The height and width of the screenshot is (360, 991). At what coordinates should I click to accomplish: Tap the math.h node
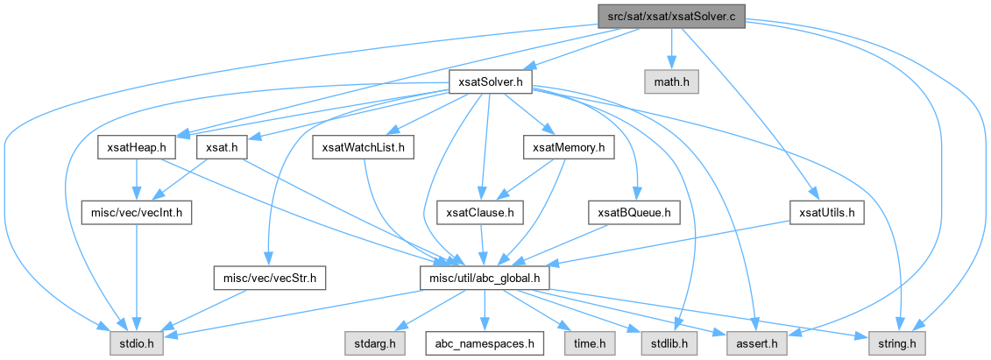672,82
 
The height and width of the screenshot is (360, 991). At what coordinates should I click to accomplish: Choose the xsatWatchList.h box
364,148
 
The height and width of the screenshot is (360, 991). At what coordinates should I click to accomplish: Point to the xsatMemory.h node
569,148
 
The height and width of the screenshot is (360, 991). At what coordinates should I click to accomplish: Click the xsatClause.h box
480,212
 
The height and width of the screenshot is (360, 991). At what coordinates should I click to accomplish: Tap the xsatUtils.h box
827,212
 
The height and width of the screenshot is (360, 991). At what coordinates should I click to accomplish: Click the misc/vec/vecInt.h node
137,212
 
